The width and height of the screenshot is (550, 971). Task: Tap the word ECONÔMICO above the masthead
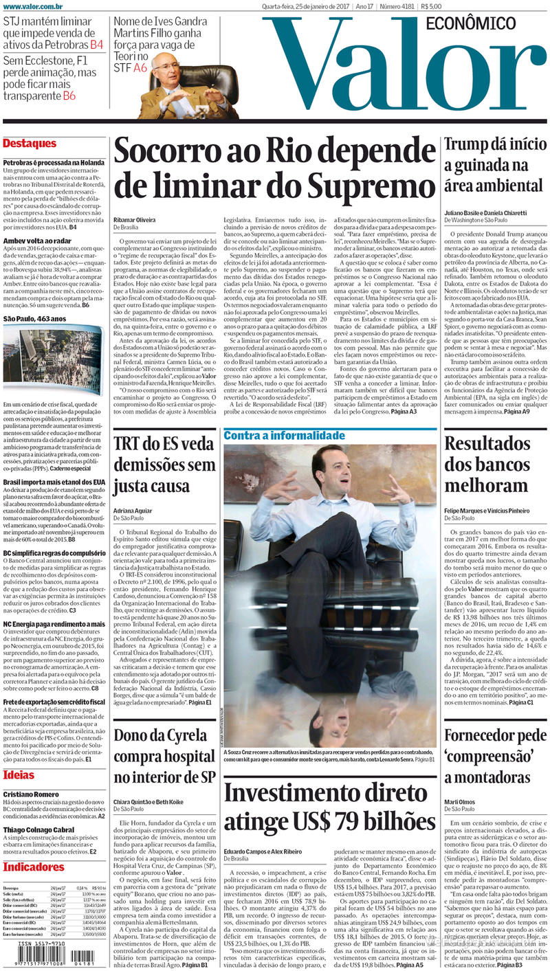pyautogui.click(x=471, y=23)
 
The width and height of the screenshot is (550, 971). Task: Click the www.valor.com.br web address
pyautogui.click(x=29, y=7)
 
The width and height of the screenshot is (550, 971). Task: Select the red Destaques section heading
pyautogui.click(x=30, y=144)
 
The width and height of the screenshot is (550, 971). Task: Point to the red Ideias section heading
pyautogui.click(x=19, y=775)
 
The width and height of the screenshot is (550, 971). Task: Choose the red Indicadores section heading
pyautogui.click(x=34, y=867)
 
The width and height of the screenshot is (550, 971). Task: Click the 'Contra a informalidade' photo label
pyautogui.click(x=285, y=436)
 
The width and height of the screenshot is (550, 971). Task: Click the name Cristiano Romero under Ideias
pyautogui.click(x=30, y=794)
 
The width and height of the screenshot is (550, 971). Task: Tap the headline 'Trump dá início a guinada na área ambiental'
pyautogui.click(x=495, y=165)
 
